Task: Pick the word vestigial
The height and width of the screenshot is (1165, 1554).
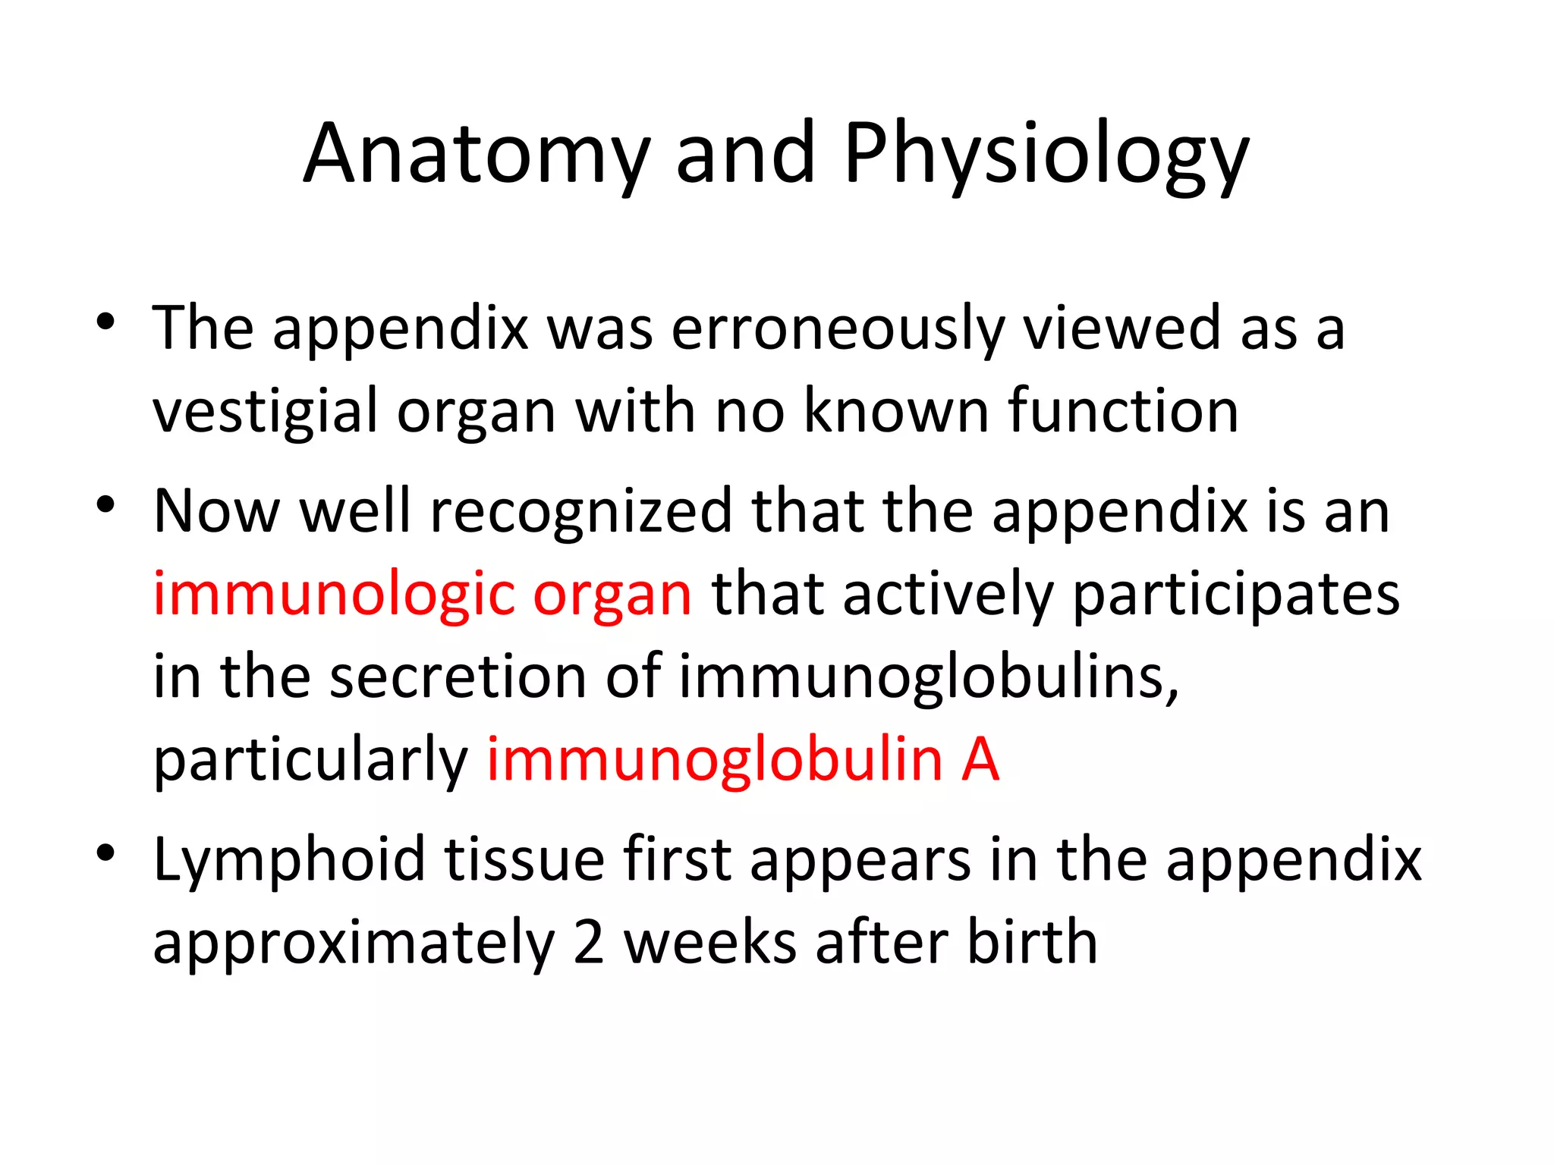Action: (x=265, y=412)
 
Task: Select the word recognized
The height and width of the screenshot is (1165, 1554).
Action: (x=581, y=511)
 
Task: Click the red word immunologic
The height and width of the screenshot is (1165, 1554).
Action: (x=333, y=595)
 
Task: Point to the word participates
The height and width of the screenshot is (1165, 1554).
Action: (x=1236, y=595)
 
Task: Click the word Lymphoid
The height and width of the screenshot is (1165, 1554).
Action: (x=289, y=860)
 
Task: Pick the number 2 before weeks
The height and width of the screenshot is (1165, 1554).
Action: (x=589, y=943)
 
